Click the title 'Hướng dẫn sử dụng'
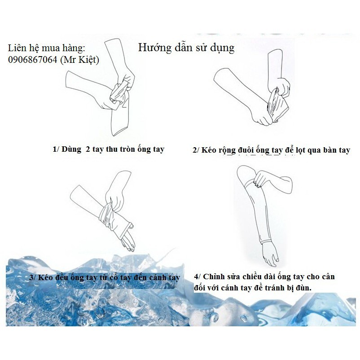186,47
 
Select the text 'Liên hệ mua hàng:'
46,48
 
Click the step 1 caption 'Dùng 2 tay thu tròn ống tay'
108,149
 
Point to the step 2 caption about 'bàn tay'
271,150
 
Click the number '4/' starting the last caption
198,277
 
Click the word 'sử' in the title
204,47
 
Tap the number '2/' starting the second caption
197,150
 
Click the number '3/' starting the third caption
33,277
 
